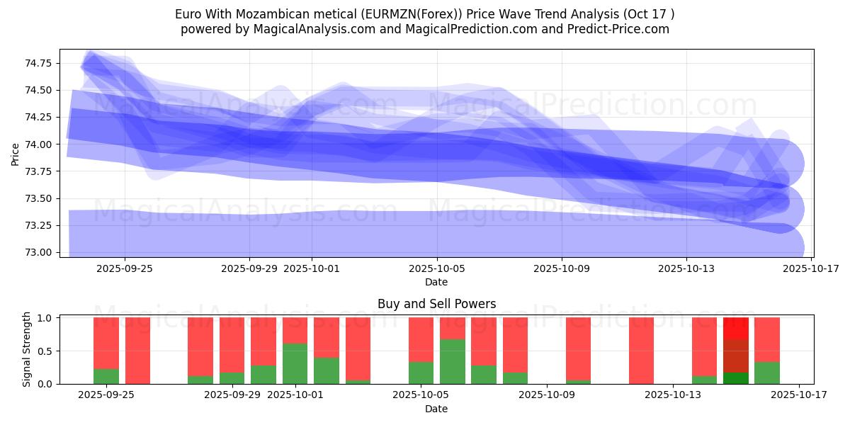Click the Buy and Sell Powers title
tap(436, 304)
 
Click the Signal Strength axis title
tap(27, 349)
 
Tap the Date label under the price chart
tap(436, 282)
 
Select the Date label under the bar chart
tap(436, 409)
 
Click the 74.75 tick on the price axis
tap(38, 63)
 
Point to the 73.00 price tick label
tap(38, 252)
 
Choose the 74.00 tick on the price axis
tap(38, 144)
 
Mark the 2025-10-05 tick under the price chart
tap(436, 268)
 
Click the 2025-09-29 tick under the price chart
tap(249, 268)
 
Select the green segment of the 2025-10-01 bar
tap(295, 363)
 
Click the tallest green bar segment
tap(452, 361)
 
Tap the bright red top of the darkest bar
tap(736, 329)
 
